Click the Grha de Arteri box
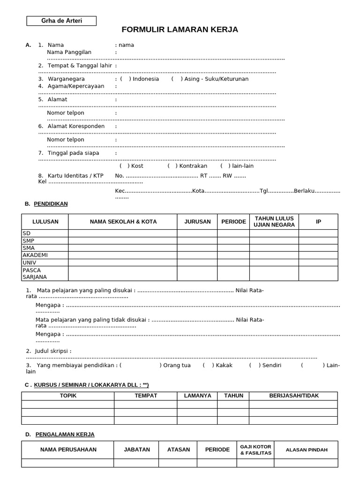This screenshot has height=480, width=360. coord(61,21)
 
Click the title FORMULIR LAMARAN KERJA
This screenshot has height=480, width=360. coord(180,30)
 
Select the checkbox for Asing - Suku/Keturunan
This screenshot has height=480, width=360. coord(177,79)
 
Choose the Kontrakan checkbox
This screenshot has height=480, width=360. coord(172,166)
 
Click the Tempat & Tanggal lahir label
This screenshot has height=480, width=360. coord(80,66)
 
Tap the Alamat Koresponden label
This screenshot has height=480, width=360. coord(76,127)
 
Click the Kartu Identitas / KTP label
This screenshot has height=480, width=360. coord(75,176)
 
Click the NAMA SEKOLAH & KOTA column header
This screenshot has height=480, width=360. coord(123,222)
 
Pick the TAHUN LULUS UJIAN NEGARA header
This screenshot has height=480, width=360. coord(274,222)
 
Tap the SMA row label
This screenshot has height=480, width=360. coord(29,248)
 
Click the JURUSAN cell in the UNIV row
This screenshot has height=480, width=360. coord(197,262)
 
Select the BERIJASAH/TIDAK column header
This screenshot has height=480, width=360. coord(294,396)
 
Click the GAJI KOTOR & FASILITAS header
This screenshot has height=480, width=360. coord(255,450)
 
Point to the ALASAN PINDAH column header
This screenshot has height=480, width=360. coord(307,450)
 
